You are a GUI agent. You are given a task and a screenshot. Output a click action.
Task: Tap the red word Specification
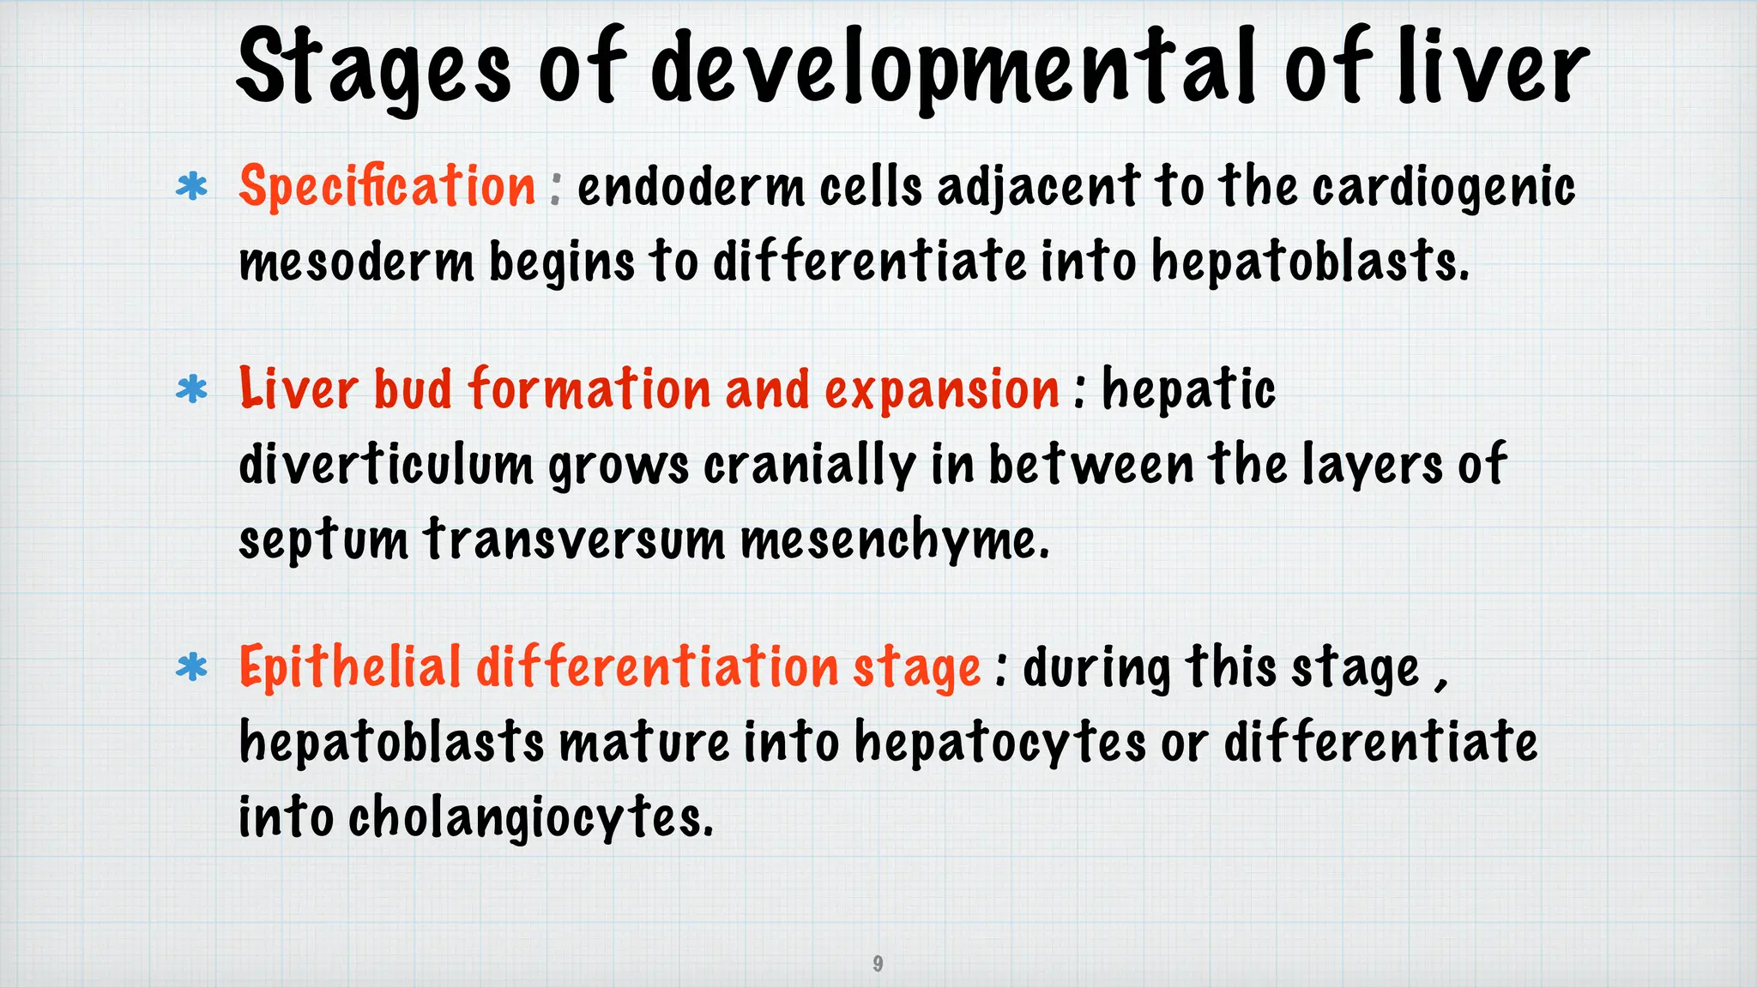point(388,187)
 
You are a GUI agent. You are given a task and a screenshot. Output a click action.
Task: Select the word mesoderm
point(356,262)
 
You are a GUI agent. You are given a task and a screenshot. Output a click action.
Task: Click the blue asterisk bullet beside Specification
point(191,187)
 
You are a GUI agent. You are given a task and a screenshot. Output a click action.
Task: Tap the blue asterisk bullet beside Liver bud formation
point(191,390)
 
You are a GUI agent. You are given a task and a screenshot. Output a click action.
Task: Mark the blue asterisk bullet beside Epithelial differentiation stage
point(191,667)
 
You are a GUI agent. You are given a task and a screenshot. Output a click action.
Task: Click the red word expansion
point(942,391)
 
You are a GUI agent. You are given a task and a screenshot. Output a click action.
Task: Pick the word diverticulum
point(385,465)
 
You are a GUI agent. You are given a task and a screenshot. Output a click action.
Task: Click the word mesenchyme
point(895,540)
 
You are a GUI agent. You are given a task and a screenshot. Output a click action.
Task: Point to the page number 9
point(878,963)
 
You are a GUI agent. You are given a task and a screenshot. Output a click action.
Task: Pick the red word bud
point(414,390)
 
